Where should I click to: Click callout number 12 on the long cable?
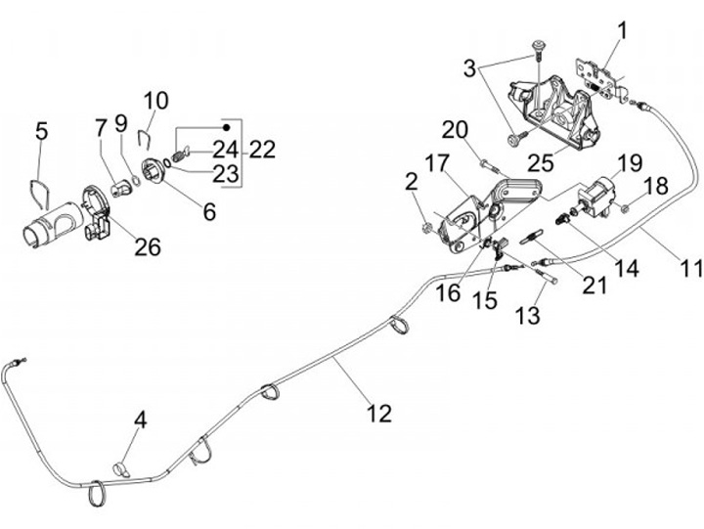pos(379,413)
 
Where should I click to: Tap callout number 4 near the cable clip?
pos(141,420)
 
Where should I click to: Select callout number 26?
pos(148,246)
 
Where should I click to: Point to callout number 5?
pos(41,131)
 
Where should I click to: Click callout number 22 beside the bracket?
pos(262,150)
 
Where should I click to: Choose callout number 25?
pos(541,163)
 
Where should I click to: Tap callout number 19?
pos(631,163)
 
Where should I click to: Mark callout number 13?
pos(528,315)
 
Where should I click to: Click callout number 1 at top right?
pos(622,31)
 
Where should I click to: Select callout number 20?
pos(455,130)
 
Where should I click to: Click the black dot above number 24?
pos(227,127)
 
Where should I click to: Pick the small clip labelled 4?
pos(120,468)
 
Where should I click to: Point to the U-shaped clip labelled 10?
pos(145,138)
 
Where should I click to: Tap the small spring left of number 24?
pos(178,155)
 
